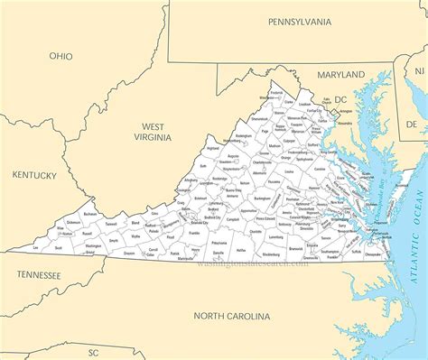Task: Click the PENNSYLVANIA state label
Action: pyautogui.click(x=300, y=21)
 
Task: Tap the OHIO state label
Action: pyautogui.click(x=61, y=56)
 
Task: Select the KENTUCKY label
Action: pyautogui.click(x=34, y=175)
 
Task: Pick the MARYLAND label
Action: pyautogui.click(x=340, y=74)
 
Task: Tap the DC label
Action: pyautogui.click(x=340, y=99)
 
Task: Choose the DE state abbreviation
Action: pyautogui.click(x=412, y=127)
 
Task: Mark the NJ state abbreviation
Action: pyautogui.click(x=418, y=69)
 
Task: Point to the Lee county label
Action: pyautogui.click(x=35, y=246)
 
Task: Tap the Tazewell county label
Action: pyautogui.click(x=111, y=223)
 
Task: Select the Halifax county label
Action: pyautogui.click(x=241, y=249)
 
